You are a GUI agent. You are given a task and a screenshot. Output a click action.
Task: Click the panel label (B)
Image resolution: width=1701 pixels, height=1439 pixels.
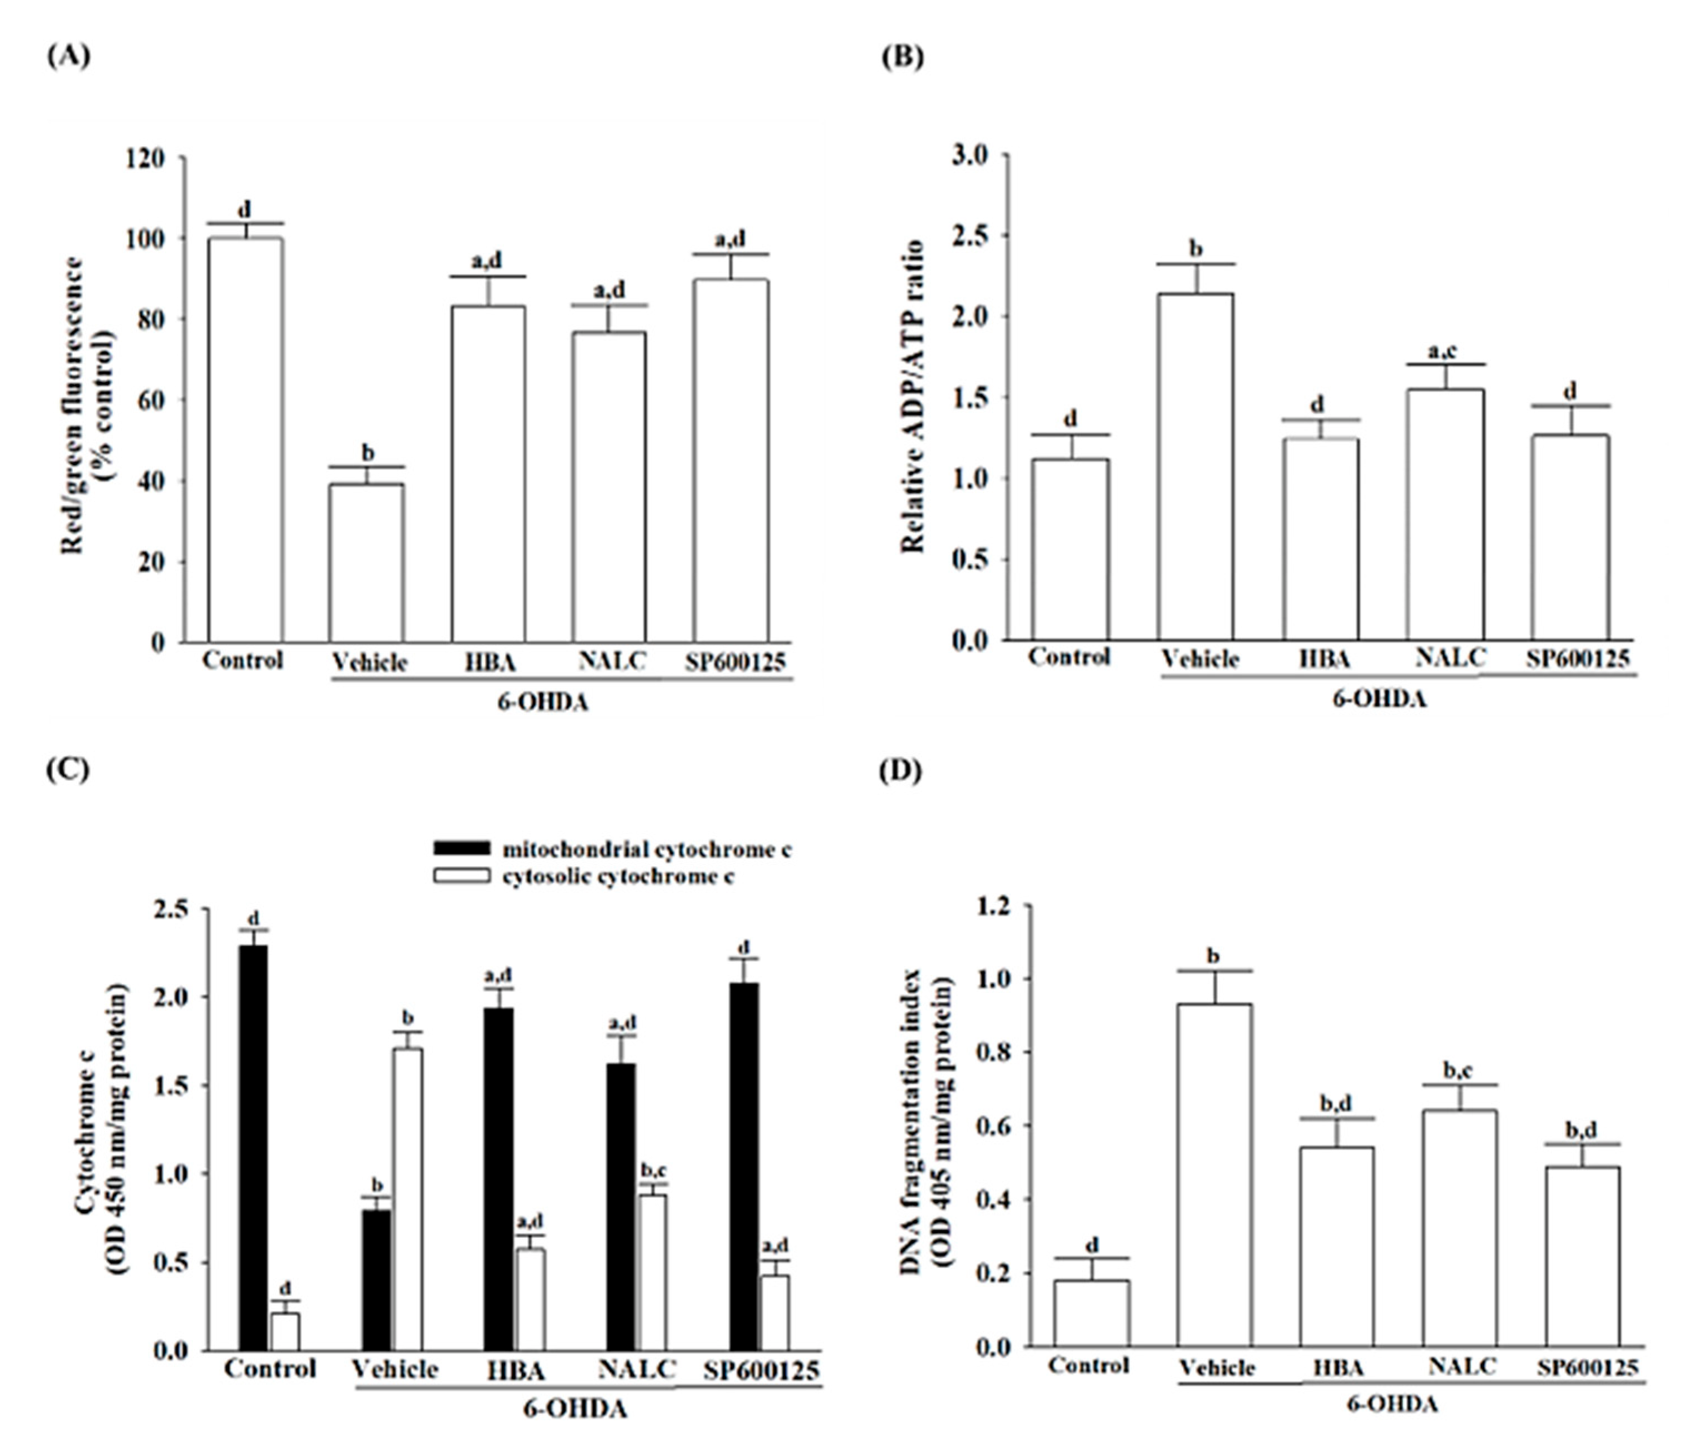(903, 57)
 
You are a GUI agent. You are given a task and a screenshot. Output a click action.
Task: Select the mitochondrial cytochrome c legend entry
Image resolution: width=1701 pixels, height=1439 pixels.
(612, 849)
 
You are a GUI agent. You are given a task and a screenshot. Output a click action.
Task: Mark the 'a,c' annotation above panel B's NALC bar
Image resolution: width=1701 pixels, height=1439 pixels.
(1442, 352)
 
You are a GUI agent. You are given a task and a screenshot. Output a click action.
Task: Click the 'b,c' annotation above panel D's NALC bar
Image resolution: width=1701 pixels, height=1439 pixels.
(1461, 1071)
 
